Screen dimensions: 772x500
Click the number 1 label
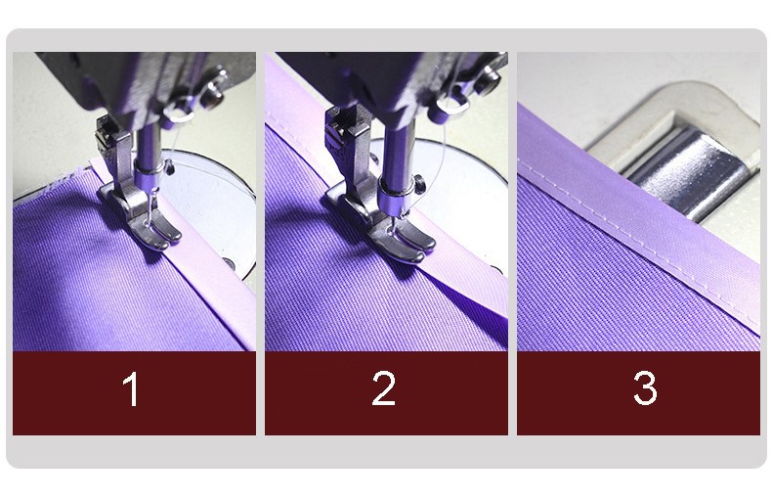pyautogui.click(x=131, y=389)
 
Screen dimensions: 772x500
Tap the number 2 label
pyautogui.click(x=383, y=388)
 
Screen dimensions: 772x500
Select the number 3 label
pyautogui.click(x=645, y=388)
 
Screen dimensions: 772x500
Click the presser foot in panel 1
pyautogui.click(x=143, y=217)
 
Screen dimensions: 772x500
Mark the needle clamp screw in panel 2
pyautogui.click(x=418, y=183)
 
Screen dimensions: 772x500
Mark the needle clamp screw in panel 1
pyautogui.click(x=170, y=167)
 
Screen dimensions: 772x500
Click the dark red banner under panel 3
pyautogui.click(x=638, y=393)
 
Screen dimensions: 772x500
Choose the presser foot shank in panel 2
pyautogui.click(x=347, y=148)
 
